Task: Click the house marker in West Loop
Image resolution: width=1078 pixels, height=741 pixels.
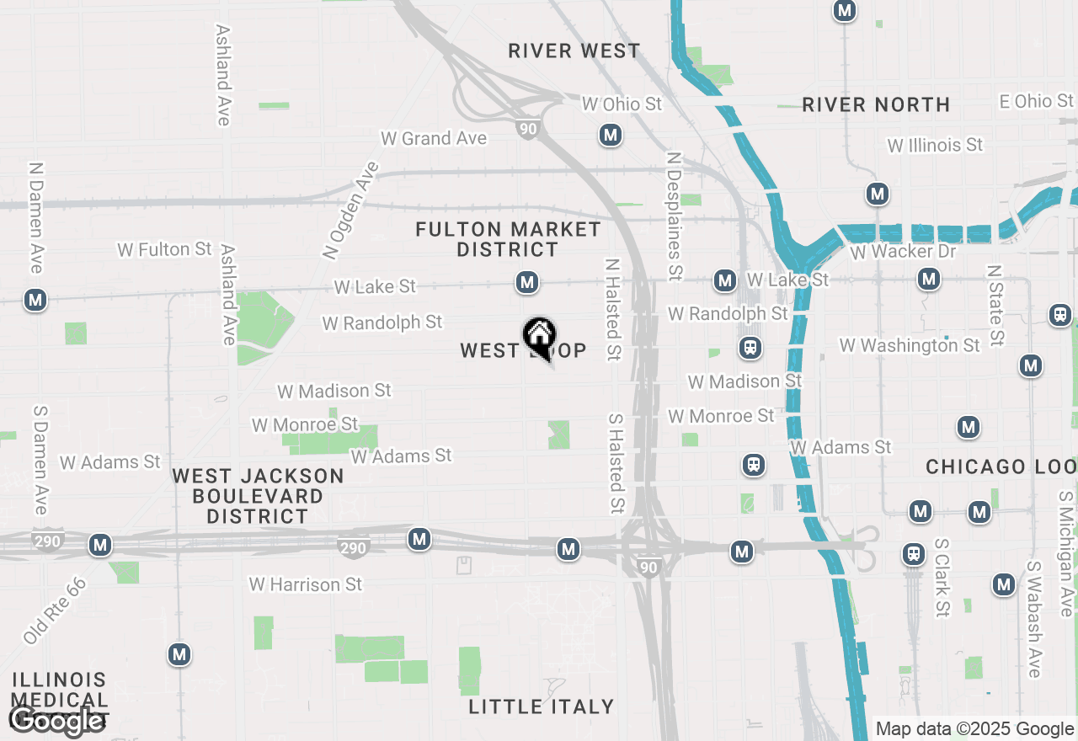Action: (539, 337)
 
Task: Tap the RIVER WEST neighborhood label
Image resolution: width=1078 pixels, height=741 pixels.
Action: (574, 51)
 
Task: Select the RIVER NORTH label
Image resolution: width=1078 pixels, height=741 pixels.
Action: (876, 105)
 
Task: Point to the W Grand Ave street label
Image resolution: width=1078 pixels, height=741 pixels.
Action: (434, 138)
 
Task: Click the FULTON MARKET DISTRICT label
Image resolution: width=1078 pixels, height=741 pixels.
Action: (509, 239)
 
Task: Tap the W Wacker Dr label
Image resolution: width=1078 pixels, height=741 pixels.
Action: (903, 252)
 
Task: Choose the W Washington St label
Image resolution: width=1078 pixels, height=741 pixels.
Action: (910, 345)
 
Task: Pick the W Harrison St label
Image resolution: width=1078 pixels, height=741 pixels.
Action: (306, 584)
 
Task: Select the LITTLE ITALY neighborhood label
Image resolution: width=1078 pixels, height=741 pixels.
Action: (542, 706)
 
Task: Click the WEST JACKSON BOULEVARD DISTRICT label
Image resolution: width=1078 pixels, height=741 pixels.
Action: (258, 496)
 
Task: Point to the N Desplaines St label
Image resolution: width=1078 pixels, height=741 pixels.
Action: (674, 216)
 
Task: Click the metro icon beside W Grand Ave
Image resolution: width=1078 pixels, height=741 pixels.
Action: (611, 135)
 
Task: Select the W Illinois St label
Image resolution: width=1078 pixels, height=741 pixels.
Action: (935, 146)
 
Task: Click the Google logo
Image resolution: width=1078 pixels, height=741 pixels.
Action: (56, 720)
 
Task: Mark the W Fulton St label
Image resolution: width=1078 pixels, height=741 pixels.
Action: (165, 249)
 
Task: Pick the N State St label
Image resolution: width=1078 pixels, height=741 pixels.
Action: (996, 306)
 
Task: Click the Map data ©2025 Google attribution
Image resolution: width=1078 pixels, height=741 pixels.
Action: (974, 729)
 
